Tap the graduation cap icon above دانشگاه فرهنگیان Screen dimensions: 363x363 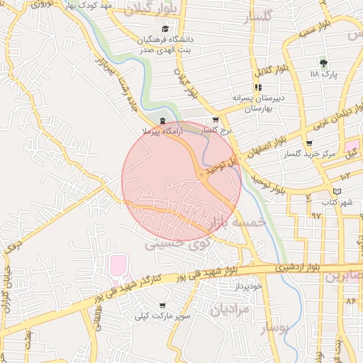(x=166, y=28)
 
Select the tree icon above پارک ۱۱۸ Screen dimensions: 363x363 (x=324, y=62)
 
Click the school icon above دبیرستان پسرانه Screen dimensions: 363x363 (x=257, y=87)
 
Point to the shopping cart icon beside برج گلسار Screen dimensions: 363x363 (x=216, y=121)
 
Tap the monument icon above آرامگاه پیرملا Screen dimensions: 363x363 (x=164, y=121)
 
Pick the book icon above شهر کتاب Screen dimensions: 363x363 (x=337, y=191)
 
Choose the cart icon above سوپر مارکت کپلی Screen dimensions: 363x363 (x=163, y=306)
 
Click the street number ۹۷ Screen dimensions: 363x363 (x=316, y=214)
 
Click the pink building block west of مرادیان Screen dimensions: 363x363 (x=116, y=268)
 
